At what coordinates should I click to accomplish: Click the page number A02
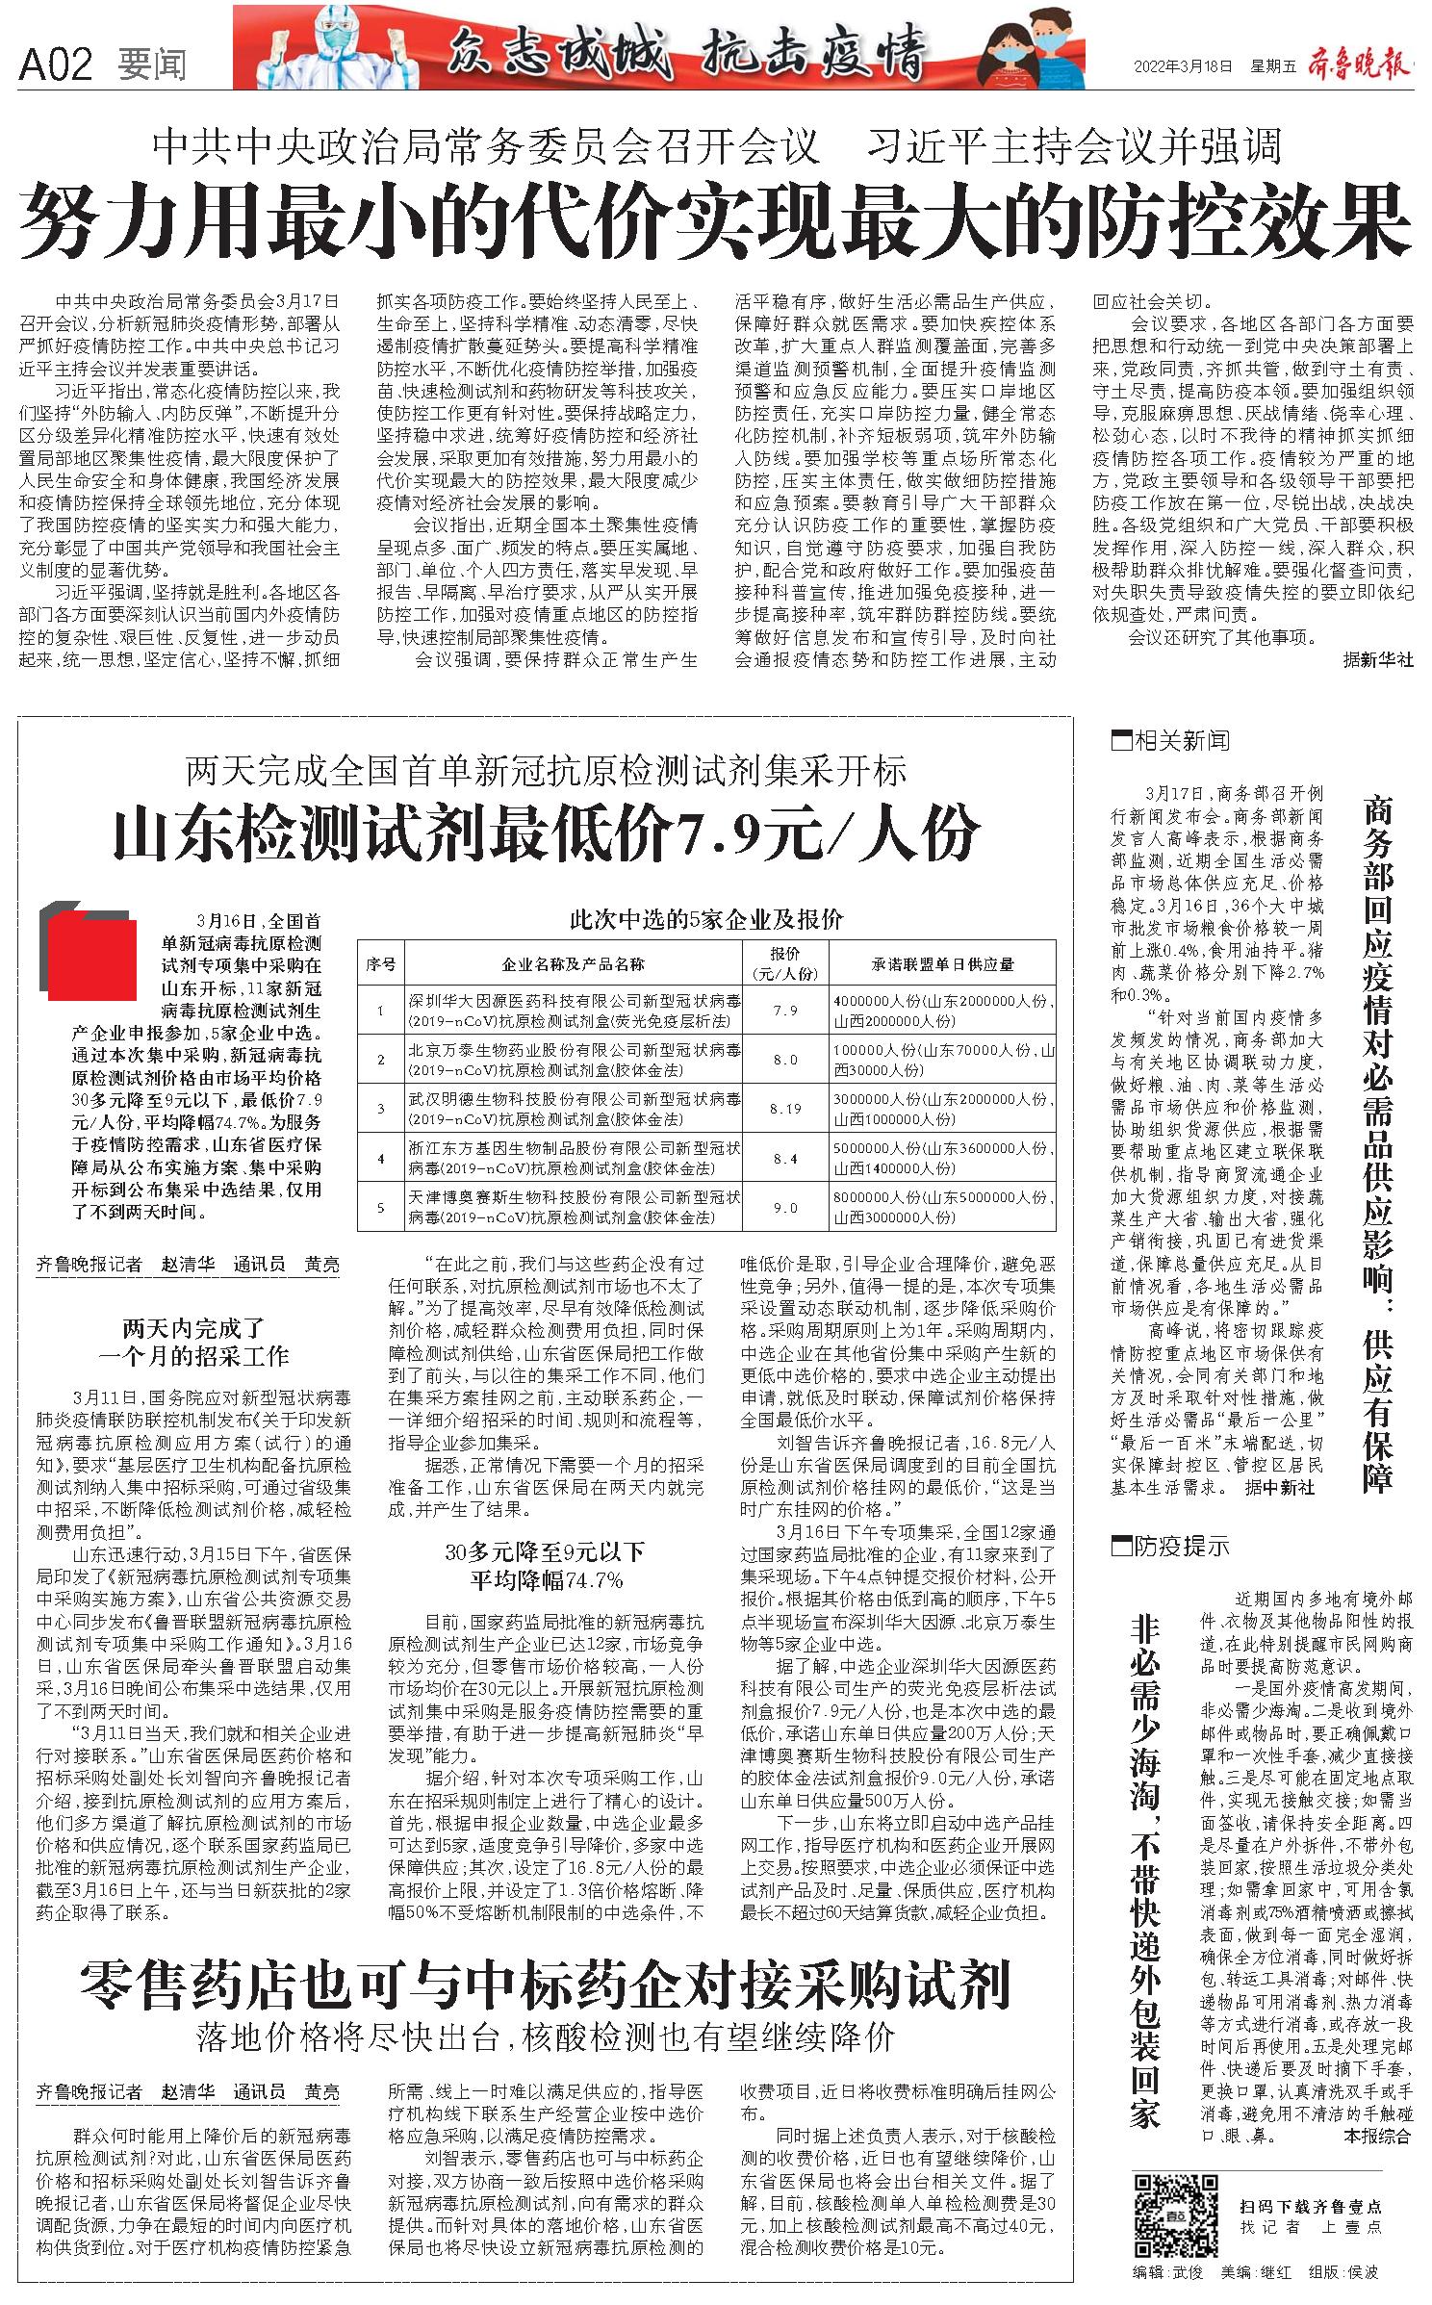(56, 64)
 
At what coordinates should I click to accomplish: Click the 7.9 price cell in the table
(785, 1010)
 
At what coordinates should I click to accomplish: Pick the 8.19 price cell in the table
(785, 1109)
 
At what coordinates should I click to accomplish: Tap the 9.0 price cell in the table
(785, 1208)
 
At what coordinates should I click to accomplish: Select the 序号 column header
(381, 963)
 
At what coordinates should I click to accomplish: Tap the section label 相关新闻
(1171, 741)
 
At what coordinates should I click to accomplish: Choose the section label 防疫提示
(1171, 1547)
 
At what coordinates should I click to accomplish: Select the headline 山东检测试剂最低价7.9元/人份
(546, 833)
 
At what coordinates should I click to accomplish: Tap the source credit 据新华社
(1378, 660)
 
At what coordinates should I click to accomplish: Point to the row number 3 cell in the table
(381, 1109)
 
